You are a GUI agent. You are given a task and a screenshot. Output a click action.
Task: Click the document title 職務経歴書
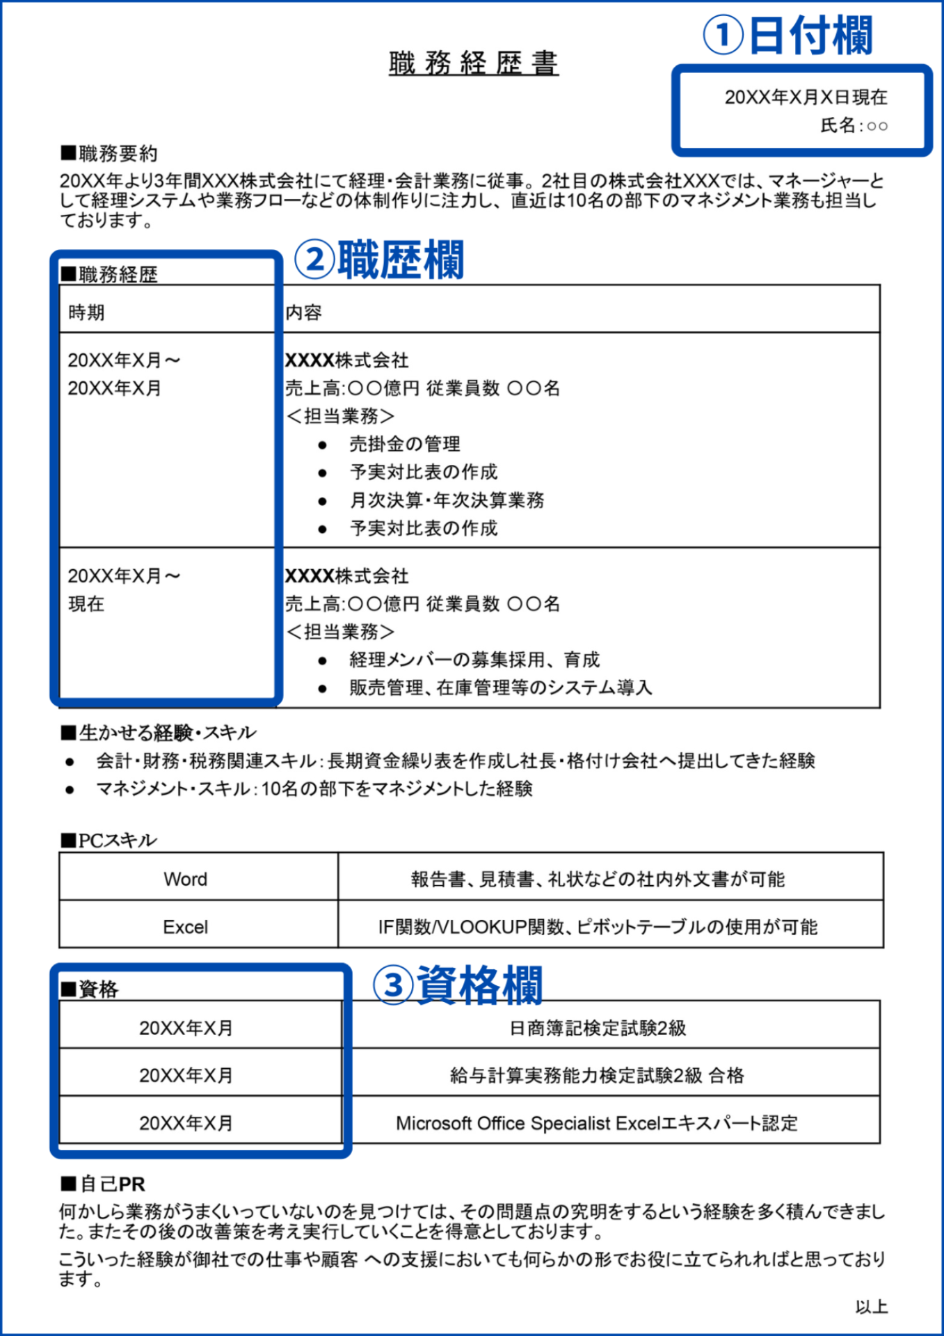click(x=473, y=63)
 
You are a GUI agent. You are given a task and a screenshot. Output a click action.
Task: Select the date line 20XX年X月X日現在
click(x=806, y=97)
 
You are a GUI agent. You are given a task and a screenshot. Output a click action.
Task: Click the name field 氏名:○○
click(x=854, y=126)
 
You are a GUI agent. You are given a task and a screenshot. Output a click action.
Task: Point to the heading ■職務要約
click(x=109, y=154)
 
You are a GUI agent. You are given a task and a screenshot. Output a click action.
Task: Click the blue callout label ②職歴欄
click(x=379, y=260)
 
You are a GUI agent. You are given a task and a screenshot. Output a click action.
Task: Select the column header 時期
click(x=86, y=312)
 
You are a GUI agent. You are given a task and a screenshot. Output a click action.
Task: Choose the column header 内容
click(x=303, y=312)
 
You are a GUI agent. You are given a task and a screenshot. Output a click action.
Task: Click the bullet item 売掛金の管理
click(x=404, y=444)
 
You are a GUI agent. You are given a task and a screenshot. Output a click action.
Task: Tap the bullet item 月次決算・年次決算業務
click(x=447, y=500)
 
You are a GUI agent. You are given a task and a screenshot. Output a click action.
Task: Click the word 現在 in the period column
click(x=86, y=604)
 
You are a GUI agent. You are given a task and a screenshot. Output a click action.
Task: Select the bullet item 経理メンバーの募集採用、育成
click(x=474, y=660)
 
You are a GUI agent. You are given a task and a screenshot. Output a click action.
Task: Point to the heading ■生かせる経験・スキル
click(x=159, y=733)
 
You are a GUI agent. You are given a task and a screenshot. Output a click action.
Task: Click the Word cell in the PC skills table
click(x=185, y=880)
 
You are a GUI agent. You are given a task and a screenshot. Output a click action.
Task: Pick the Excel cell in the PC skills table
click(x=185, y=927)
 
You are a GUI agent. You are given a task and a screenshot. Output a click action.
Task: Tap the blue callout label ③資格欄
click(x=457, y=985)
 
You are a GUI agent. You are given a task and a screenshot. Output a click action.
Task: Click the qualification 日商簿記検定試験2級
click(x=598, y=1028)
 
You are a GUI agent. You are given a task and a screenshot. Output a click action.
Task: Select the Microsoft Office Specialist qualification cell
click(x=596, y=1123)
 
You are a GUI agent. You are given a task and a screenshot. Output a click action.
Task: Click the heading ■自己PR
click(x=103, y=1184)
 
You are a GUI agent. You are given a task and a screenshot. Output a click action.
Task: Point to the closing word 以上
click(x=871, y=1307)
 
